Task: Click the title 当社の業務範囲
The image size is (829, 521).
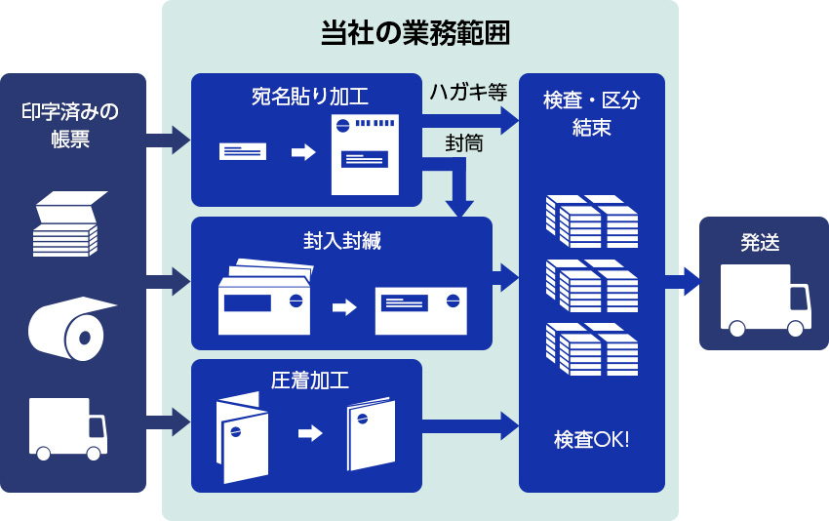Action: coord(415,33)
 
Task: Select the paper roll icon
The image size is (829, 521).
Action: coord(70,329)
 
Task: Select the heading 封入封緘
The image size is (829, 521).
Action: coord(341,240)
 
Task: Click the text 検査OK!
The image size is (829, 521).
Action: coord(592,440)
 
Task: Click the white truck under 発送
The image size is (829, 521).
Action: coord(765,300)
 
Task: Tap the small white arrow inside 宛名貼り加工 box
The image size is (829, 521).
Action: coord(303,152)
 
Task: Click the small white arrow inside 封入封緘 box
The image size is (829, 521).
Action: coord(344,307)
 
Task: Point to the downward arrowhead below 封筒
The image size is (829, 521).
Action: coord(459,208)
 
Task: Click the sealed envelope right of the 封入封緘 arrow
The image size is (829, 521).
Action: coord(420,310)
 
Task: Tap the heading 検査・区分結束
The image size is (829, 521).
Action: coord(592,113)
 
